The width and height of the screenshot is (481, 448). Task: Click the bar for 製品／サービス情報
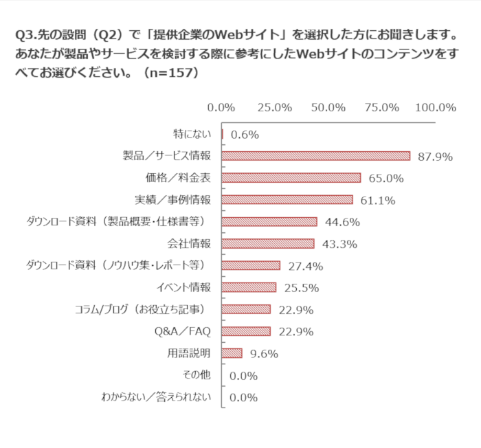pos(316,156)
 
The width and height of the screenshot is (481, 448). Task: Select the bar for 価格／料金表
pos(291,178)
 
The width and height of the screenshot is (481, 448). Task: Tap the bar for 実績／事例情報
pos(287,200)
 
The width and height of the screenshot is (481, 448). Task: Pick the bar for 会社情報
pos(268,244)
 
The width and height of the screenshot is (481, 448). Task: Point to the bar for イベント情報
pos(249,287)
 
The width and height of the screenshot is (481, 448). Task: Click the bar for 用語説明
pos(232,353)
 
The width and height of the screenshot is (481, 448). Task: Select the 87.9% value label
pos(434,157)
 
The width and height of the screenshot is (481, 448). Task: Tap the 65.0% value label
pos(385,179)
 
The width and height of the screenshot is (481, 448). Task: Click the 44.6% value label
pos(342,222)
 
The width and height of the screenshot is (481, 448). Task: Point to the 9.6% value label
pos(262,354)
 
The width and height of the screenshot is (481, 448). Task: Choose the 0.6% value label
pos(245,135)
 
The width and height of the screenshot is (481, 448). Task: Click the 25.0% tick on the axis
pos(274,107)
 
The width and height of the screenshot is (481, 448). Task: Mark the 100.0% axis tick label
pos(436,107)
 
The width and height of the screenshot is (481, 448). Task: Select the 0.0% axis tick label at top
pos(221,107)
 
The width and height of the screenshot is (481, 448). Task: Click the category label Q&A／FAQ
pos(183,331)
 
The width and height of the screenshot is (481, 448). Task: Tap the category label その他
pos(197,375)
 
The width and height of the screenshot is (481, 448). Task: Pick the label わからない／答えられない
pos(156,397)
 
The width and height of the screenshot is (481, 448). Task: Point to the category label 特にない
pos(192,134)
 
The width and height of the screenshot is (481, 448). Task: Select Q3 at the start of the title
pos(23,34)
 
